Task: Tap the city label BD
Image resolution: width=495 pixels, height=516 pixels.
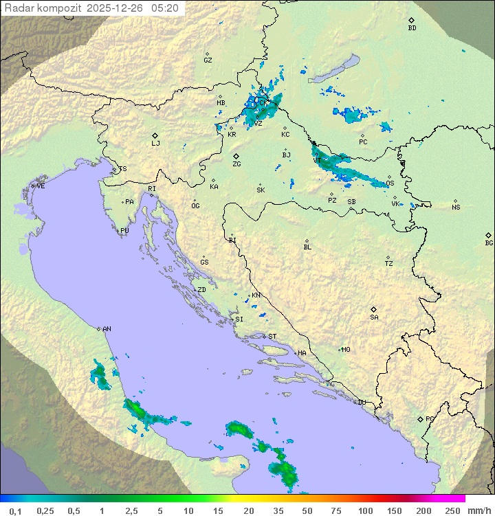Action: point(412,28)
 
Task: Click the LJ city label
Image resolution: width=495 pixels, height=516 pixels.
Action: point(155,144)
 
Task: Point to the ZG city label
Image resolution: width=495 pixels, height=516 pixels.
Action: point(236,164)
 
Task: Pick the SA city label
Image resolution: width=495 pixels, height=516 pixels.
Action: point(374,317)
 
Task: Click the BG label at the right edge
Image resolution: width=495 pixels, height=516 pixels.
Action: point(489,243)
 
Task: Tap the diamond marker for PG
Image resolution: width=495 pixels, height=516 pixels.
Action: point(421,418)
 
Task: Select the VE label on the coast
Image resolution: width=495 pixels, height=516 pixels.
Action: point(41,186)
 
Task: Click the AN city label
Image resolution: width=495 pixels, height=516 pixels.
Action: point(107,329)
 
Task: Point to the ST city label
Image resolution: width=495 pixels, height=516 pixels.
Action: point(272,337)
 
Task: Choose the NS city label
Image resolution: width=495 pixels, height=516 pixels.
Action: point(456,207)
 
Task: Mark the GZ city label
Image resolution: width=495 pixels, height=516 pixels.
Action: point(208,60)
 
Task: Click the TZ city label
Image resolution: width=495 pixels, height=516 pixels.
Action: point(388,264)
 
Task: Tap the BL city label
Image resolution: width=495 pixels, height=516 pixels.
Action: point(307,247)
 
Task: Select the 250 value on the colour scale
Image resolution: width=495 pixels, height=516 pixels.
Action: point(452,511)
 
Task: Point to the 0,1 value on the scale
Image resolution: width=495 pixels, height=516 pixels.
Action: point(14,511)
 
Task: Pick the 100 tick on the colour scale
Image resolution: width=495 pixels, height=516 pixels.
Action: point(365,511)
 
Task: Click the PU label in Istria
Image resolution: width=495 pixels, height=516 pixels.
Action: point(124,231)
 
